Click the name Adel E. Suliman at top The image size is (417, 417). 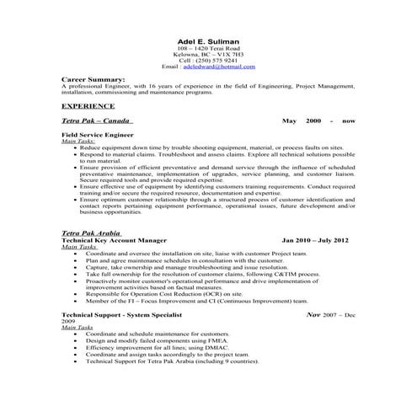pyautogui.click(x=208, y=40)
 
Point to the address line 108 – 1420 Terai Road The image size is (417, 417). pyautogui.click(x=208, y=48)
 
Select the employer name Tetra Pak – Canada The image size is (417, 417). pyautogui.click(x=96, y=121)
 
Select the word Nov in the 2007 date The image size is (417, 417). pyautogui.click(x=313, y=314)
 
